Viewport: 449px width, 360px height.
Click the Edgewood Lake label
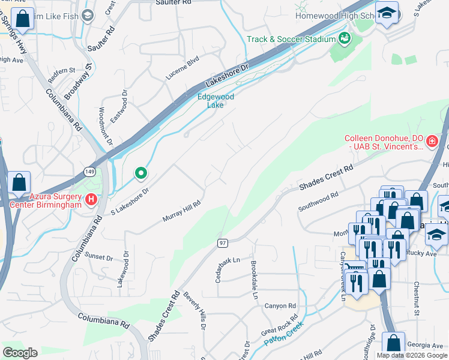(215, 100)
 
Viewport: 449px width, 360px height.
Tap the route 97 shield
(221, 242)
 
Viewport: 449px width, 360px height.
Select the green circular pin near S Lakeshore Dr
(141, 173)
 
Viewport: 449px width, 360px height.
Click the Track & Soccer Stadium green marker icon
(345, 40)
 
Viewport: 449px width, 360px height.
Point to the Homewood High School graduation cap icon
(387, 13)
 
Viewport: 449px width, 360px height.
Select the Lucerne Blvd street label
(182, 70)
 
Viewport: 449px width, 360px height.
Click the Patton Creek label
(283, 334)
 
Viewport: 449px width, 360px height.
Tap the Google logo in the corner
(20, 353)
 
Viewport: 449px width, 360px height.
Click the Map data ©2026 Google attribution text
(412, 355)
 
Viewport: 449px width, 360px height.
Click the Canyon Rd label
(280, 306)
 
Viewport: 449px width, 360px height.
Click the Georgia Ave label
(425, 346)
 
